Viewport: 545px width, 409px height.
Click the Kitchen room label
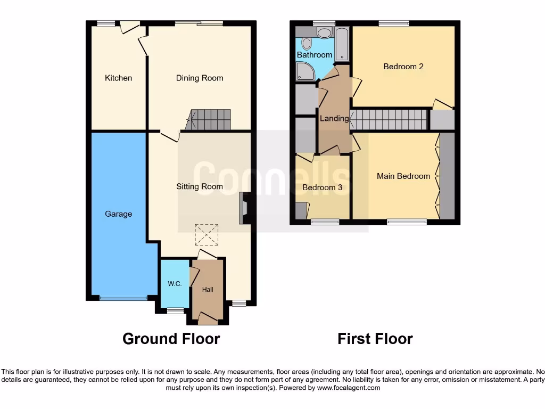[118, 78]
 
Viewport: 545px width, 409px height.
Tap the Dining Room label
[200, 78]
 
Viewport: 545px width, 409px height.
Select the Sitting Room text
[200, 186]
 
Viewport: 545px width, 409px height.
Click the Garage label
[118, 214]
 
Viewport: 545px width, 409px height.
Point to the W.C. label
[175, 284]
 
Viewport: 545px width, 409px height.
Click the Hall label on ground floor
[208, 290]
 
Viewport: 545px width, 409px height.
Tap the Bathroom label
[315, 55]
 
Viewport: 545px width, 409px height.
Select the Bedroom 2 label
[403, 67]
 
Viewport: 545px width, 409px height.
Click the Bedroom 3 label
[323, 187]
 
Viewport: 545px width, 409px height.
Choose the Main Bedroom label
[403, 176]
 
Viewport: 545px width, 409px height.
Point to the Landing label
[334, 118]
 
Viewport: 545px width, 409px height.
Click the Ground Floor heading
[171, 339]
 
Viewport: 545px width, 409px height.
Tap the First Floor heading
[375, 339]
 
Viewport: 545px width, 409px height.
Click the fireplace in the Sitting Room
[244, 207]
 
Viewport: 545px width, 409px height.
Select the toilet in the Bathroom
[307, 44]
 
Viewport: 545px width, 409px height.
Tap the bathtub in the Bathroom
[341, 45]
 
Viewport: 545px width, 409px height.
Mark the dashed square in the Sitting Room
[207, 235]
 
